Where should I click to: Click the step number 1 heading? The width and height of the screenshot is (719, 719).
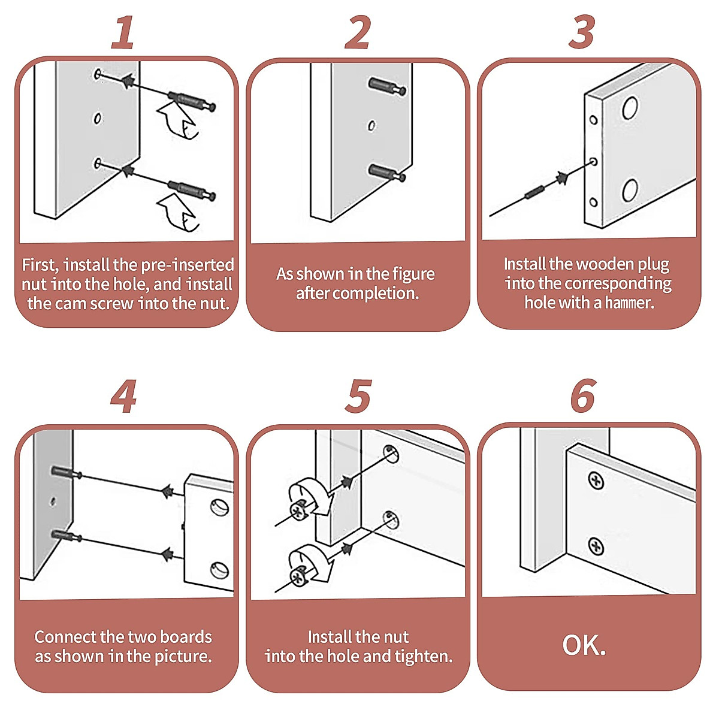point(123,33)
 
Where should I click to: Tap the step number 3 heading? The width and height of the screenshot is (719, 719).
point(582,33)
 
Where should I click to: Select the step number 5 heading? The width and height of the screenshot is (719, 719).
point(358,396)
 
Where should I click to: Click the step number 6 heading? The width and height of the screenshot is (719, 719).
point(583,396)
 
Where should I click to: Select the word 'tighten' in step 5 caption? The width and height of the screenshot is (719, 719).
point(422,656)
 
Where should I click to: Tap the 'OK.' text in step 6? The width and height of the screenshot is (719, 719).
point(584,645)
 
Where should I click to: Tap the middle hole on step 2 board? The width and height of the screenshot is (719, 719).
point(371,126)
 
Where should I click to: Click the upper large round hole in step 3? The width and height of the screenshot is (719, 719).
point(630,108)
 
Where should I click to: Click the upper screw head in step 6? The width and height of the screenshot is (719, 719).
point(596,480)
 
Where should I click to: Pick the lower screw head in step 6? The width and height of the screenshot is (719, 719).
point(596,546)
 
